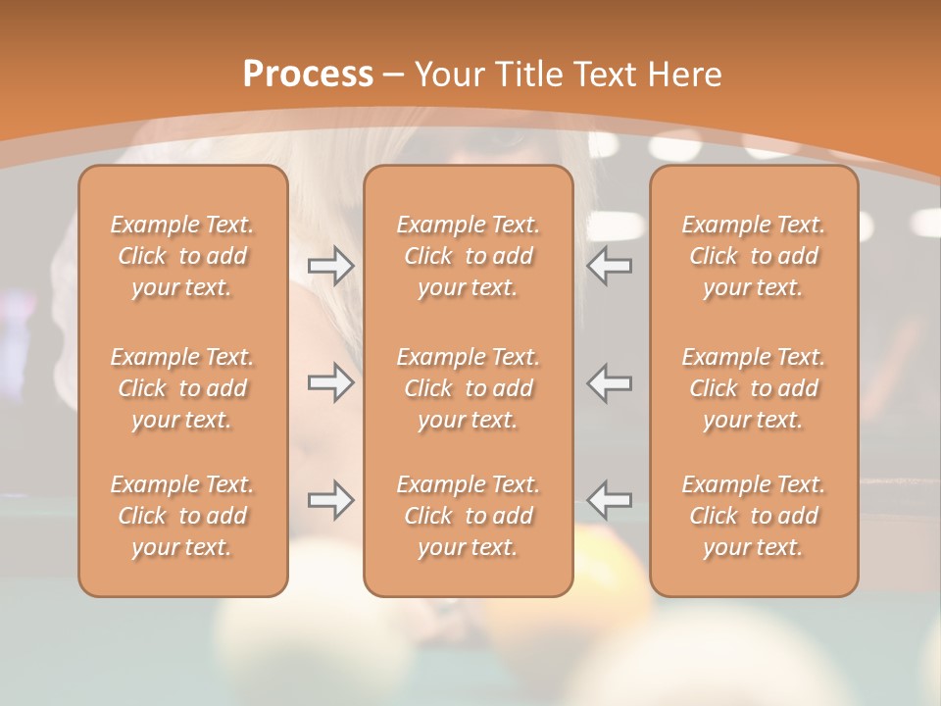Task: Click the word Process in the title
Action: click(308, 75)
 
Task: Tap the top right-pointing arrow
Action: click(330, 266)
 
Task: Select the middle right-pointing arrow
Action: click(330, 382)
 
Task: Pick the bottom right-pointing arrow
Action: click(330, 500)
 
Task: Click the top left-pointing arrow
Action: click(609, 266)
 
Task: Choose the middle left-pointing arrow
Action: click(609, 382)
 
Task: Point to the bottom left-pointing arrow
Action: click(609, 500)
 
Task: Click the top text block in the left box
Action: click(182, 256)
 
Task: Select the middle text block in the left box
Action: click(182, 388)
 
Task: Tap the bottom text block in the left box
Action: click(182, 516)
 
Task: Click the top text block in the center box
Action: click(468, 256)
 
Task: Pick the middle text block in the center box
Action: click(468, 388)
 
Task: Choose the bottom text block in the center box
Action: click(468, 516)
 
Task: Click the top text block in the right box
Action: click(753, 256)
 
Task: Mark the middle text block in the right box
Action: click(753, 388)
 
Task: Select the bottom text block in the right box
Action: click(753, 516)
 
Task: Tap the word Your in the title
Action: click(446, 75)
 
